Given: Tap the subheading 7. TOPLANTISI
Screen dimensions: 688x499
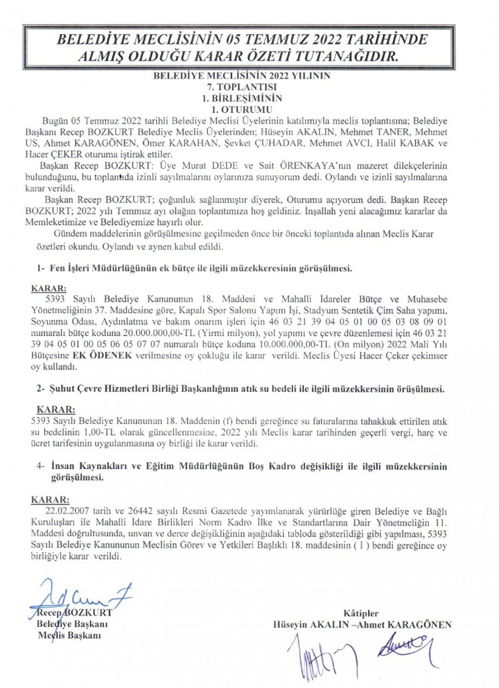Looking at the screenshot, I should click(x=242, y=87).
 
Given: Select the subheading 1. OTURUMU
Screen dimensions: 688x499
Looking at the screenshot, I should click(x=242, y=110).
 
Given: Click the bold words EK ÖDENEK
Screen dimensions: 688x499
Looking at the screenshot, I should click(x=102, y=356).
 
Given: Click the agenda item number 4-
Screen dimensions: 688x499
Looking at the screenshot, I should click(x=40, y=466).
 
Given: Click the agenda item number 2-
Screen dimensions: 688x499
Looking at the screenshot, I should click(x=40, y=389).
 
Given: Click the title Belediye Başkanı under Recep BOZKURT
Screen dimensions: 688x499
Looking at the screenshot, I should click(x=72, y=624).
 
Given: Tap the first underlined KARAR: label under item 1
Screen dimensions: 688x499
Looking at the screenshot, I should click(x=49, y=288).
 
